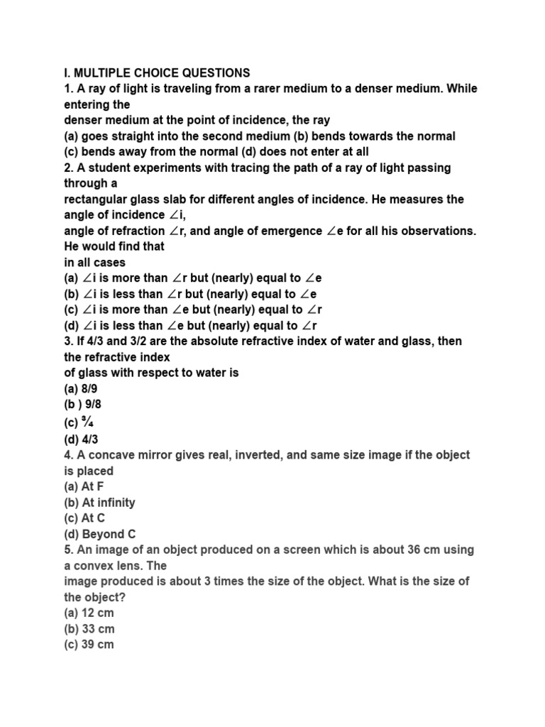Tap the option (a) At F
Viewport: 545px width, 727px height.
coord(84,486)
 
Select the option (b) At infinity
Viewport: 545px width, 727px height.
coord(99,503)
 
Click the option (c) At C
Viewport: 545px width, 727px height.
coord(84,518)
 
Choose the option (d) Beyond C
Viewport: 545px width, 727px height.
coord(99,534)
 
